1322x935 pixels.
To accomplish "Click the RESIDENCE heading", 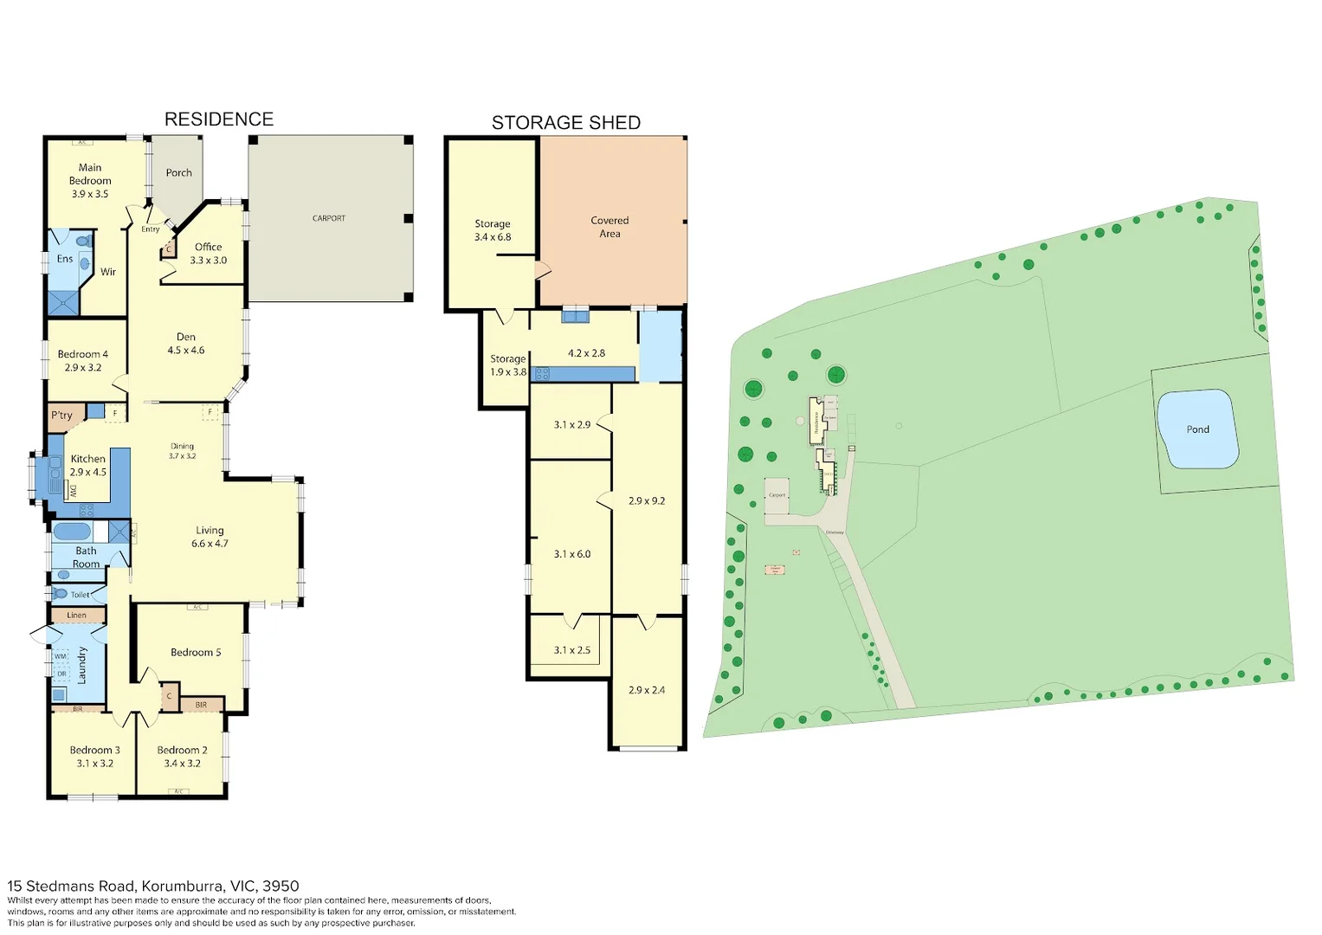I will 218,119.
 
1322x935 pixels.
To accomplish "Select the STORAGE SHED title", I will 565,123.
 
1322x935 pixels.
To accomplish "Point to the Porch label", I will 178,173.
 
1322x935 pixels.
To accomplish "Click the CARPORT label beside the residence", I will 328,218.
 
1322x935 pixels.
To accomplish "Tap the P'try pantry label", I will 61,416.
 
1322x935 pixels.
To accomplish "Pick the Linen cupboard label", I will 76,616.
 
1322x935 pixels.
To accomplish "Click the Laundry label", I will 82,665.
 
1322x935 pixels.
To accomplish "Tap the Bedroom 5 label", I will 195,653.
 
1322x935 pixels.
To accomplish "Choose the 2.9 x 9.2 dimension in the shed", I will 646,501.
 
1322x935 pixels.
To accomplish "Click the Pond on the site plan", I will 1197,429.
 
